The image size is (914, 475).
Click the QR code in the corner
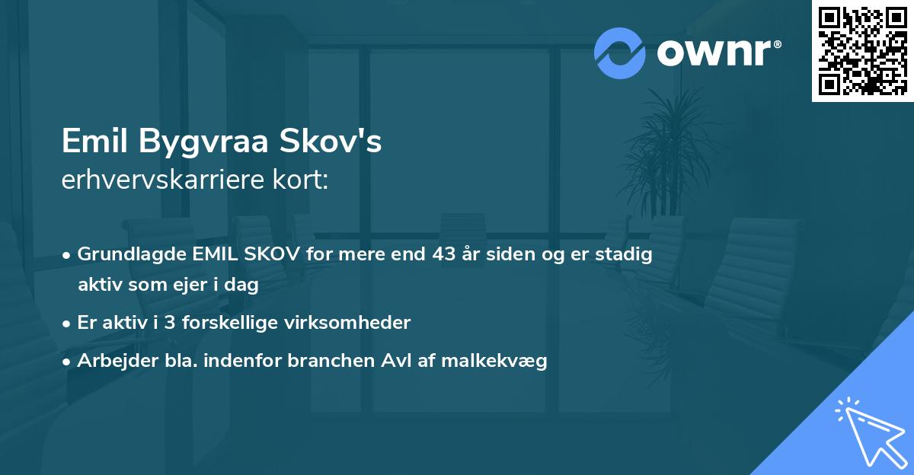point(863,51)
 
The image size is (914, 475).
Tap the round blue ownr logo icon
point(620,53)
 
